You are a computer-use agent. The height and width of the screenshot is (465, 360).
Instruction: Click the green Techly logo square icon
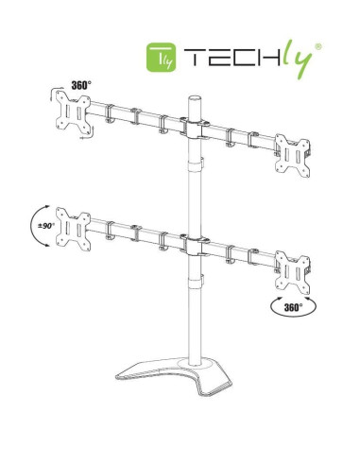pos(162,57)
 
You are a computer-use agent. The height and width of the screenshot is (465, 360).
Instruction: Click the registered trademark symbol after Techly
pos(318,46)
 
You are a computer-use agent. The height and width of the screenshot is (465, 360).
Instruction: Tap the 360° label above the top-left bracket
pos(81,85)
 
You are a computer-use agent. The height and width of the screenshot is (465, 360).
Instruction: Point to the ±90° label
pos(46,226)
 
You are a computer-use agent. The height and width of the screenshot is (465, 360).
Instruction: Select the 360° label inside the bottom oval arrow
pos(293,307)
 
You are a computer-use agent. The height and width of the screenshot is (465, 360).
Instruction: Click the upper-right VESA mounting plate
pos(292,155)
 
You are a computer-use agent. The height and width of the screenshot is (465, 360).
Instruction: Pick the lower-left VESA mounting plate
pos(73,229)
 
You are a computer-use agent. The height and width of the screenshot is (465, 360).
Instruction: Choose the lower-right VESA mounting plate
pos(292,272)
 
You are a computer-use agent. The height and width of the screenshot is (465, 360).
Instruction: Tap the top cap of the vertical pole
pos(195,97)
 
